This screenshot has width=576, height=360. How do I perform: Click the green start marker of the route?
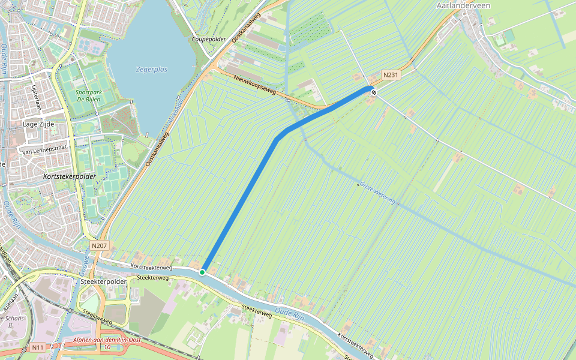(x=202, y=272)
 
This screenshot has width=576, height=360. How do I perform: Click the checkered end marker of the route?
(x=373, y=92)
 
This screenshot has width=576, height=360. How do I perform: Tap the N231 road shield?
(x=391, y=75)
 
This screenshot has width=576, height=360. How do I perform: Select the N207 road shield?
(x=99, y=245)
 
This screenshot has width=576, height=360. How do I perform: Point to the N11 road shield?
(x=37, y=347)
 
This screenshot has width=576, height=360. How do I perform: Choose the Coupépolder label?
(x=209, y=39)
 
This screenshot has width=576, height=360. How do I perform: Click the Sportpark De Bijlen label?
(x=88, y=96)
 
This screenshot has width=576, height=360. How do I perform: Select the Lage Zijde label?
(x=38, y=124)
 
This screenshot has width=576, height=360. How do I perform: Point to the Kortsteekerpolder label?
(x=70, y=177)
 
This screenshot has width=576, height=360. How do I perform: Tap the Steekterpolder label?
(x=103, y=281)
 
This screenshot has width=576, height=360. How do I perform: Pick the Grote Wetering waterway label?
(x=377, y=193)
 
